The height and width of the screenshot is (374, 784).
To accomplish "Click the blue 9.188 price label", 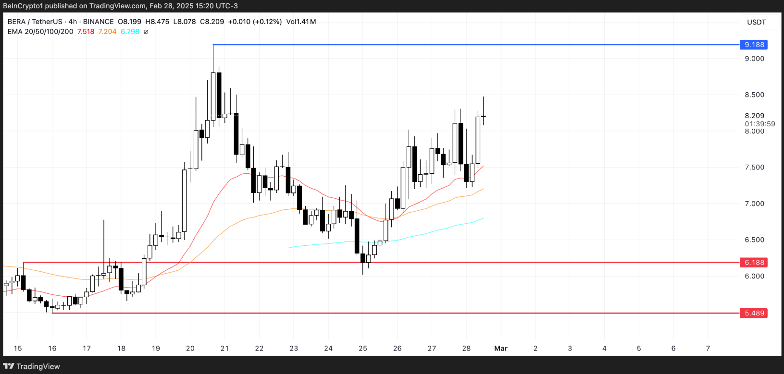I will [x=754, y=45].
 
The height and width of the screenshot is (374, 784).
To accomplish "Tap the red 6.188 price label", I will [x=754, y=263].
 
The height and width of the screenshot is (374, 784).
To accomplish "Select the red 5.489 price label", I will [x=754, y=313].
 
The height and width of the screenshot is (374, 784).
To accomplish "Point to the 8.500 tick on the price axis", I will [x=754, y=95].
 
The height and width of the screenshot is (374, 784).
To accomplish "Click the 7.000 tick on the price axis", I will [x=754, y=204].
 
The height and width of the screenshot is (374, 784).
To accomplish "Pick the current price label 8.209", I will [x=754, y=116].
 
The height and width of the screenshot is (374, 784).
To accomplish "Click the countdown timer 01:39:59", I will [x=759, y=124].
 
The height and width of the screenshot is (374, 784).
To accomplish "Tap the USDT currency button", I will [x=756, y=22].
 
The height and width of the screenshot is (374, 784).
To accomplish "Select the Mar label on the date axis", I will [x=501, y=349].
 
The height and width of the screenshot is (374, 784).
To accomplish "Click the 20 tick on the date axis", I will [x=190, y=349].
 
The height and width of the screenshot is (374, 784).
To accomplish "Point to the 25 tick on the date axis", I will [x=363, y=349].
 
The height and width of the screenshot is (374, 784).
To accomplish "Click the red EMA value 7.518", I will [x=86, y=32].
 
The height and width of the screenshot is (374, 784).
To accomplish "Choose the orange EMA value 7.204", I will [x=107, y=32].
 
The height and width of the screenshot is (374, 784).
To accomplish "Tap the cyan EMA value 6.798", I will [x=130, y=32].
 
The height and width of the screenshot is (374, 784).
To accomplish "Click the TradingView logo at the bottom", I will [x=32, y=366].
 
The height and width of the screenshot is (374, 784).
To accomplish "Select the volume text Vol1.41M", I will [x=301, y=22].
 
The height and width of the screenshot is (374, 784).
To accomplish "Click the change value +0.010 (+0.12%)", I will [x=255, y=22].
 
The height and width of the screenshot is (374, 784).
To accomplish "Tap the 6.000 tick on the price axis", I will [x=754, y=276].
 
